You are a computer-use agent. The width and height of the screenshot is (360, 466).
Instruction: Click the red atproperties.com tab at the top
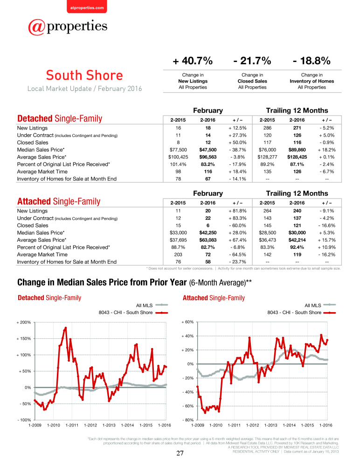point(87,7)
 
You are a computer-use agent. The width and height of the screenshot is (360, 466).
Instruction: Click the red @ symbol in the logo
point(36,27)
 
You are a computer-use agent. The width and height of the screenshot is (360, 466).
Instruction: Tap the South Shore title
point(84,75)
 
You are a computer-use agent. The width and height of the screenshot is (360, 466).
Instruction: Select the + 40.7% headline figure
point(193,61)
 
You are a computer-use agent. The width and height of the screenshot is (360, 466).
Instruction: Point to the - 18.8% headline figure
point(312,61)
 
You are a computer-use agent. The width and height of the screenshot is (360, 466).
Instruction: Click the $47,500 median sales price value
point(208,150)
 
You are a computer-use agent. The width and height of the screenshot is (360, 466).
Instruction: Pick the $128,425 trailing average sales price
point(297,157)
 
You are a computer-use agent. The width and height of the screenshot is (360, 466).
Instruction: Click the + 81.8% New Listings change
point(237,211)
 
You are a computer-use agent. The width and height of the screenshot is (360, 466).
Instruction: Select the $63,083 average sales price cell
point(208,240)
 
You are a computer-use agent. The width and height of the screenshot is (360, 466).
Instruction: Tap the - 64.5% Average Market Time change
point(237,254)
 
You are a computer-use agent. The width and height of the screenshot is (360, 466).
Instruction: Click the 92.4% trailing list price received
point(297,247)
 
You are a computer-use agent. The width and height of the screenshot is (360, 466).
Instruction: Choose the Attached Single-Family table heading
point(59,201)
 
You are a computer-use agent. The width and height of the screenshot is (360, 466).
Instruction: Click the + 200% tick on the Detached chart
point(23,322)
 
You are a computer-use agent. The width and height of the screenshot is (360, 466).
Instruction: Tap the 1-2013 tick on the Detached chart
point(109,425)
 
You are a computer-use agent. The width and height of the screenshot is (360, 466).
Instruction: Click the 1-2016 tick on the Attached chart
point(326,425)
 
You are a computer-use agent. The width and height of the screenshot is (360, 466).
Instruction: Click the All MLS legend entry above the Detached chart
point(152,305)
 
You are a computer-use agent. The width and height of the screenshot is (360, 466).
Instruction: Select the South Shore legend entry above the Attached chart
point(301,313)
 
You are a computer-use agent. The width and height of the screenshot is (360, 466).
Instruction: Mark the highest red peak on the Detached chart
point(66,328)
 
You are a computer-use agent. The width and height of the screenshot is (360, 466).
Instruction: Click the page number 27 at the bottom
point(180,453)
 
